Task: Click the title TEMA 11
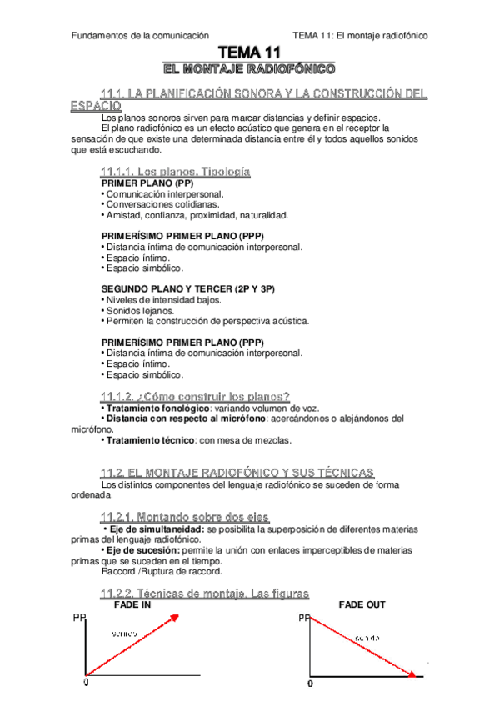(x=249, y=53)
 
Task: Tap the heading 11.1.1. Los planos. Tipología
(x=175, y=171)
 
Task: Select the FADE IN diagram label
(x=132, y=605)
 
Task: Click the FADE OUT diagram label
(x=362, y=604)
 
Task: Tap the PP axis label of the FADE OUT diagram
(x=303, y=619)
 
